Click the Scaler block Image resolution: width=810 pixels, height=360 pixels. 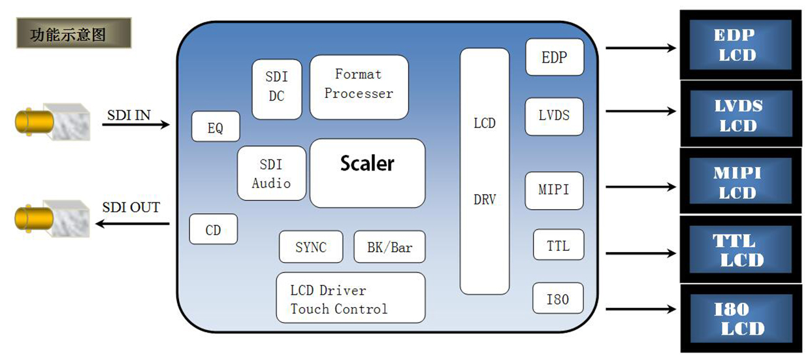click(x=367, y=173)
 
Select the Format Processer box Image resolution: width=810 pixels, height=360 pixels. click(x=359, y=87)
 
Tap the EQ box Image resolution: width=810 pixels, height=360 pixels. click(x=216, y=127)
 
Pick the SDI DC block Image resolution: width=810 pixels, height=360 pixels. click(x=276, y=89)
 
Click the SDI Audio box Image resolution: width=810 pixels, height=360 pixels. click(x=271, y=173)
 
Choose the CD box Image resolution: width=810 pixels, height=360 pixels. click(x=213, y=229)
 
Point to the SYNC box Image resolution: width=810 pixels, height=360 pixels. click(x=310, y=247)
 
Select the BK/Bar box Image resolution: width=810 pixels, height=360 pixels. click(x=389, y=247)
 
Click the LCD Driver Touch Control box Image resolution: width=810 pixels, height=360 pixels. click(x=350, y=298)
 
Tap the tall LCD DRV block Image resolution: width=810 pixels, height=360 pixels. click(x=484, y=171)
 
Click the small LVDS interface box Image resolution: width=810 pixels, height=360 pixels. click(x=554, y=116)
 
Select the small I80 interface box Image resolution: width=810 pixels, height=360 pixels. click(x=557, y=300)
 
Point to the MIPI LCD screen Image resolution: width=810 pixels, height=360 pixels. click(x=740, y=182)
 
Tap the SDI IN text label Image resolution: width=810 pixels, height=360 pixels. click(x=129, y=115)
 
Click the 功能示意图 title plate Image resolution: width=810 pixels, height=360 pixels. click(x=73, y=33)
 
